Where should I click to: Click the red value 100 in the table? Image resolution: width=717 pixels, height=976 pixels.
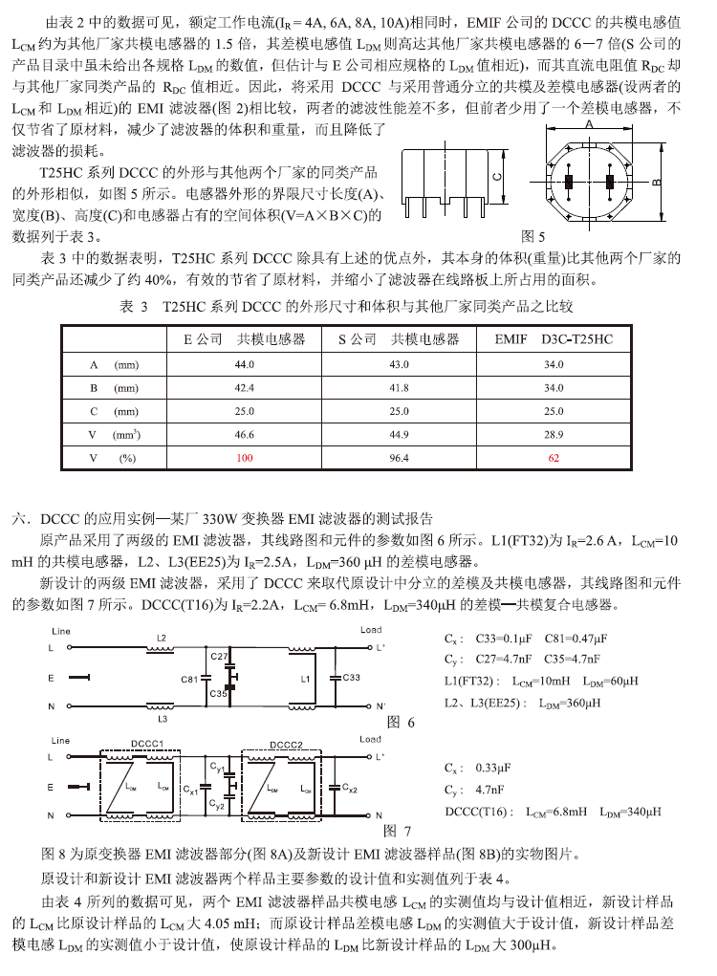(x=246, y=459)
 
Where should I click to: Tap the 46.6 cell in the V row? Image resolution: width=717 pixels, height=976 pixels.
(x=246, y=435)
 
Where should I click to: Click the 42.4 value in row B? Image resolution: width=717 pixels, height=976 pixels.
(x=246, y=388)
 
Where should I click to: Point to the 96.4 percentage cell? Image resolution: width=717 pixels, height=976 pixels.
(x=399, y=459)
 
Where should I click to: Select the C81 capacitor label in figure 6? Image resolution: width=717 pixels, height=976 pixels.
(x=188, y=679)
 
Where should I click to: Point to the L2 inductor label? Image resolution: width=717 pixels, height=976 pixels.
(x=162, y=637)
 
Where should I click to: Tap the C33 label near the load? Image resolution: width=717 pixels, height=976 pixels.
(x=351, y=678)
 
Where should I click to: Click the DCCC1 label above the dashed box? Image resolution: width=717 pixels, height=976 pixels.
(x=149, y=743)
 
